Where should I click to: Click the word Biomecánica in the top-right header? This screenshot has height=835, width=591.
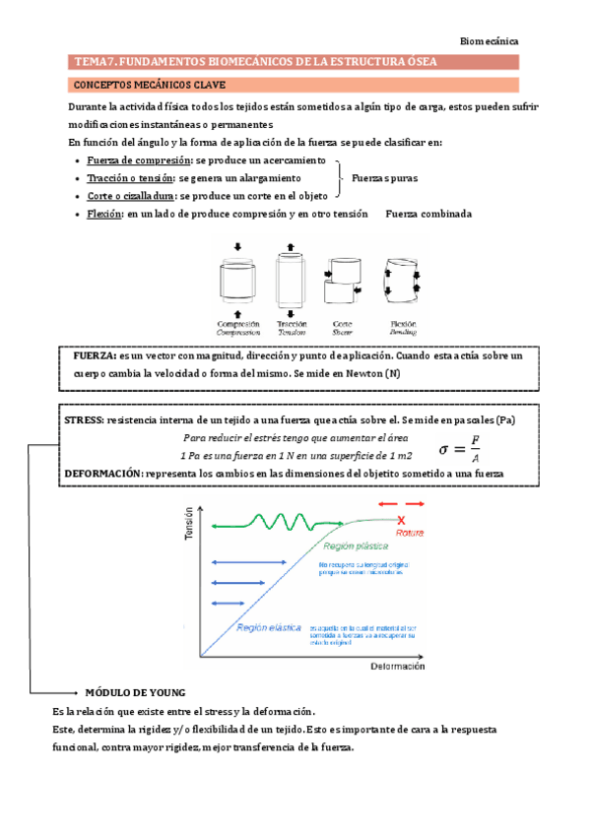click(490, 41)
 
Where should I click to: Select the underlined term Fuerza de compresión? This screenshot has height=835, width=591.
click(139, 161)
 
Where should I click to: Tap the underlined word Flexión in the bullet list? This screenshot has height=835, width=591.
click(104, 214)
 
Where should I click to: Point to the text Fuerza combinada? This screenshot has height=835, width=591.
click(428, 214)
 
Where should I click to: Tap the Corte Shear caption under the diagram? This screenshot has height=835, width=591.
click(343, 327)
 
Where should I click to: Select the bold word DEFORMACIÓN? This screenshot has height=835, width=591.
click(102, 474)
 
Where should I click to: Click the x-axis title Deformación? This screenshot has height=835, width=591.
click(397, 667)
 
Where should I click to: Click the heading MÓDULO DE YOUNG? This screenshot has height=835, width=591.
click(136, 692)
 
